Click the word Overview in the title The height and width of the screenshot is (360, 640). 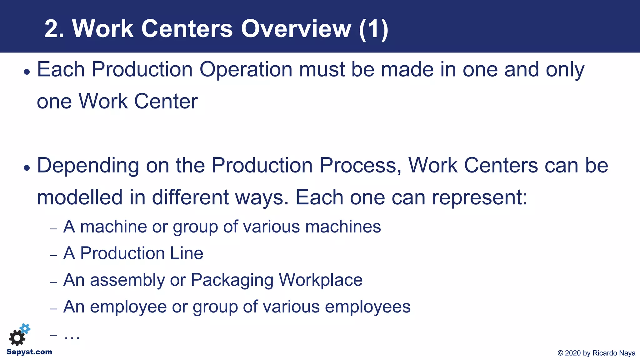point(296,29)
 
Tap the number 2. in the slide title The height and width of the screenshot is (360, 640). point(54,29)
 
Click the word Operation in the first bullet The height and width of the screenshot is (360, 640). point(246,69)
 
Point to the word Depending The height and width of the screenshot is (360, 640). point(88,166)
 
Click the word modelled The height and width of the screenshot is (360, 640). point(80,197)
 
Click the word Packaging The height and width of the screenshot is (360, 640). point(232,280)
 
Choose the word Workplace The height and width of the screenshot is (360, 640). point(320,280)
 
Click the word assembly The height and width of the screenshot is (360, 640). point(127,280)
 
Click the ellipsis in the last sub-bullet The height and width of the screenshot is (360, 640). point(72,336)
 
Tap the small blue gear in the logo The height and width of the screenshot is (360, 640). point(25,329)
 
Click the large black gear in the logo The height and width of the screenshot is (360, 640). point(17,338)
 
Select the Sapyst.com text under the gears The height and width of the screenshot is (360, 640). point(29,352)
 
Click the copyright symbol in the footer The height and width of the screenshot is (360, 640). point(560,353)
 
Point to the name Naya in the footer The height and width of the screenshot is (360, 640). point(627,353)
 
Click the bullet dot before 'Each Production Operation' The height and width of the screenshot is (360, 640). point(27,72)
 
